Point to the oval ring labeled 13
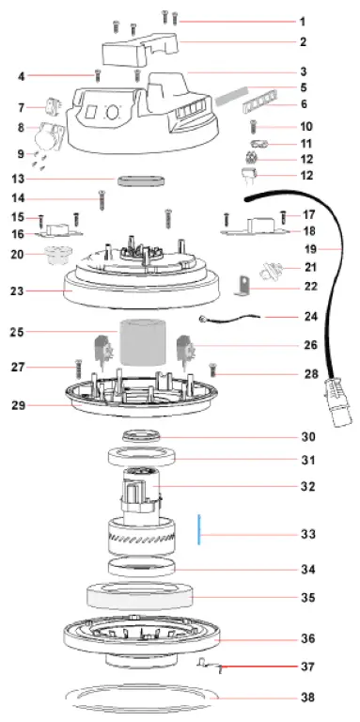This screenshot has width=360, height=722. point(140,178)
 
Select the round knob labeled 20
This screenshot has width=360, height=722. point(60,255)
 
